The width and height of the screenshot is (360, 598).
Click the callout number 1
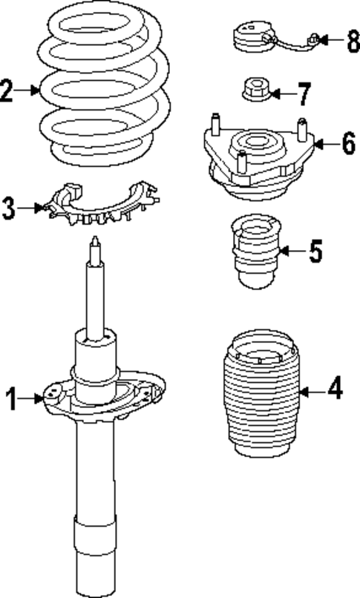click(x=12, y=399)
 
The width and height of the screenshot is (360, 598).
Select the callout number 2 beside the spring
click(x=7, y=91)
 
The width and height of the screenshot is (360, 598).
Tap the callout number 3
click(x=9, y=208)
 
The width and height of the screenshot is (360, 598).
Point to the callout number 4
click(x=335, y=388)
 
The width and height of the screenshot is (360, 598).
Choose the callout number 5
click(x=315, y=252)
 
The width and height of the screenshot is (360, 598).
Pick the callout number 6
click(x=348, y=143)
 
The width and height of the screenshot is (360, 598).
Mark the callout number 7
click(x=304, y=93)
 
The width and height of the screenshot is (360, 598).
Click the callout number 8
click(x=353, y=41)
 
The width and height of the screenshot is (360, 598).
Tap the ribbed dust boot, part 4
click(x=261, y=392)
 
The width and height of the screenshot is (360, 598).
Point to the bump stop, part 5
click(x=256, y=252)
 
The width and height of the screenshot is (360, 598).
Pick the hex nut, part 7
click(x=256, y=90)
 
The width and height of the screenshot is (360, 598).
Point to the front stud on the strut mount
click(x=241, y=162)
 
